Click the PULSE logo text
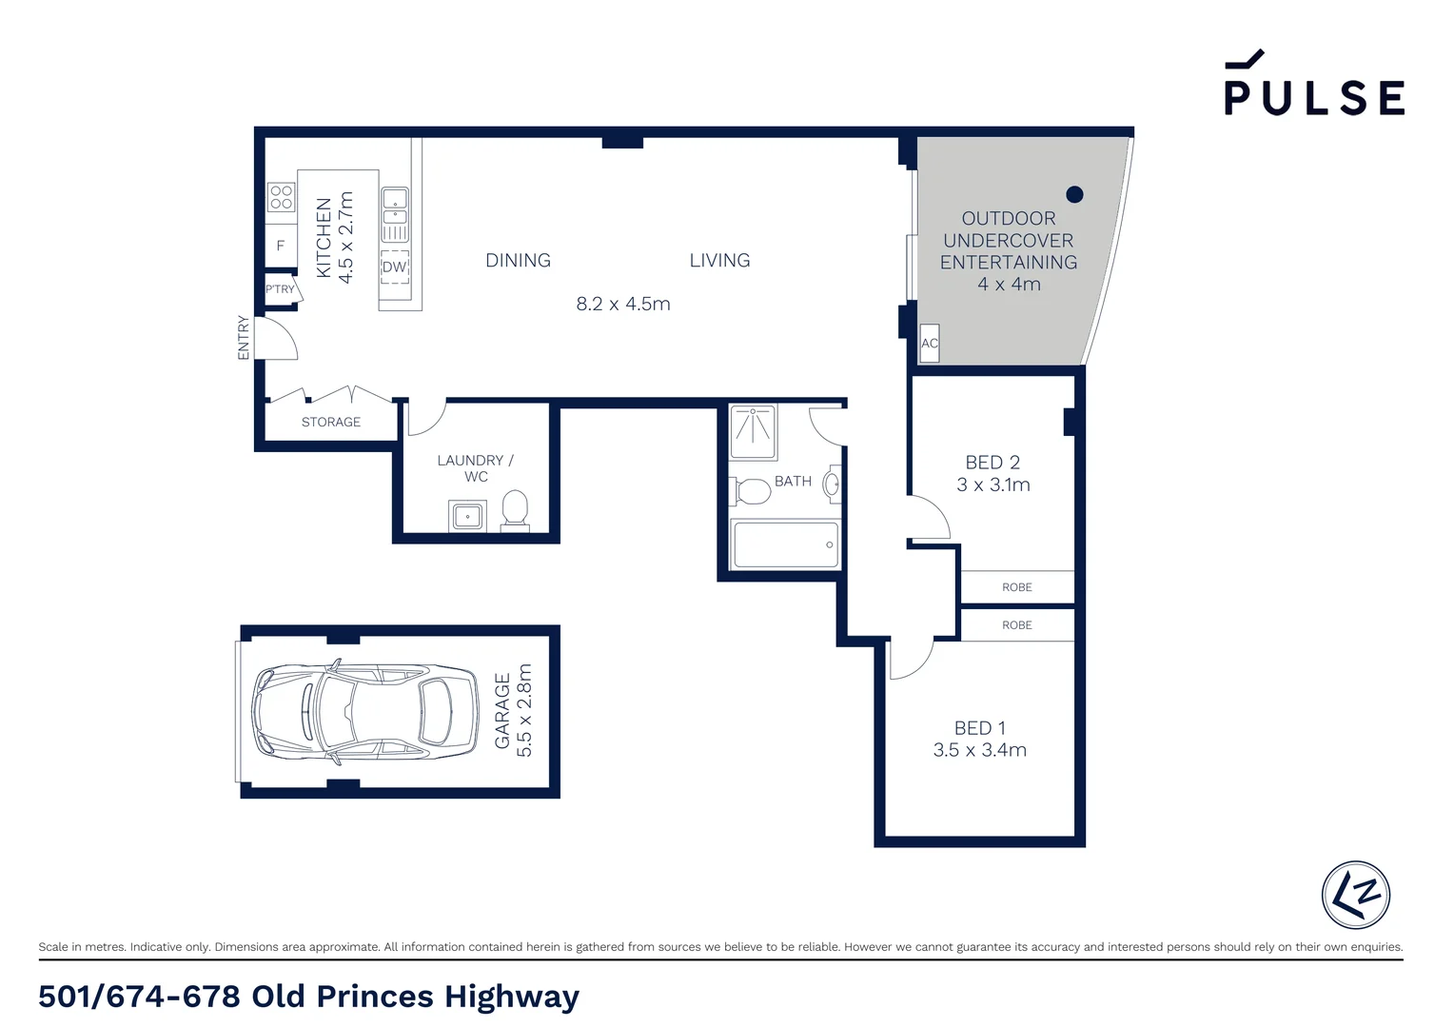1314,96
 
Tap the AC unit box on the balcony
930,344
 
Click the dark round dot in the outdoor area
1074,194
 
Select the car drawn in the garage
365,711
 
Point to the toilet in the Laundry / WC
515,508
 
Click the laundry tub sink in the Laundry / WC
467,517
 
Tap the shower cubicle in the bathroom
753,431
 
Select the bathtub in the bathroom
785,544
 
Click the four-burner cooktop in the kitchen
281,197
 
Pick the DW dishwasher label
394,267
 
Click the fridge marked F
281,246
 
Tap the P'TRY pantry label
280,289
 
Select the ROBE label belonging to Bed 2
1016,587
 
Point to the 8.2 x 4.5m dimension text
623,304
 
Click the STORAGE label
331,422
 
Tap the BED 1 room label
979,728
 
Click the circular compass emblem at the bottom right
1355,895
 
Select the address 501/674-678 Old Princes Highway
308,997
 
